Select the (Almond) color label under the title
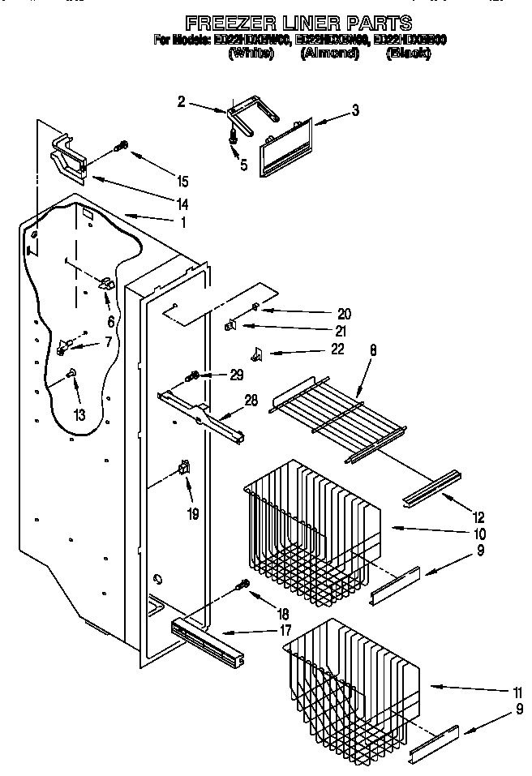(330, 53)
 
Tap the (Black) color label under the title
(408, 53)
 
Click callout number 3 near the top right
(355, 109)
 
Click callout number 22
(337, 349)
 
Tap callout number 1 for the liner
(183, 221)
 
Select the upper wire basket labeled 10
(308, 519)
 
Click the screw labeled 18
(240, 585)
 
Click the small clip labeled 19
(184, 469)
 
